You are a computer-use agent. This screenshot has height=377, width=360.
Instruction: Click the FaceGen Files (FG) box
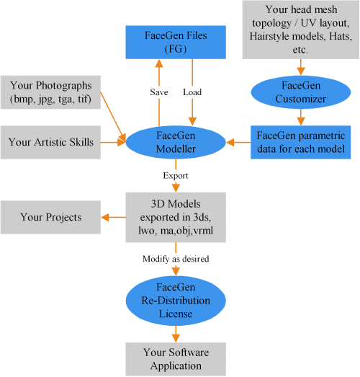tap(176, 43)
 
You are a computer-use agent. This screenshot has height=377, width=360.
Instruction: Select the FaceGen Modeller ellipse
tap(176, 142)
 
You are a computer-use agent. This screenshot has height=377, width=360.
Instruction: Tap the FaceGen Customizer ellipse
tap(301, 92)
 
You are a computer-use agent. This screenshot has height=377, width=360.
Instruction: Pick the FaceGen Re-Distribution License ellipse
tap(176, 301)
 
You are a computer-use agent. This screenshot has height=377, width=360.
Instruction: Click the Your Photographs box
tap(50, 92)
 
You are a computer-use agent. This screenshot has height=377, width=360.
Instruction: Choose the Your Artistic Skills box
tap(50, 142)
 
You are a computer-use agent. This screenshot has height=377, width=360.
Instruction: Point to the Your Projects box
tap(50, 218)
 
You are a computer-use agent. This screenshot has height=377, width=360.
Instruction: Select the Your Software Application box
tap(176, 359)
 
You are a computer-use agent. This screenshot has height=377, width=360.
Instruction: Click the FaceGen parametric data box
tap(301, 142)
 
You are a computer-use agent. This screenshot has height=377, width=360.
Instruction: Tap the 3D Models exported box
tap(176, 218)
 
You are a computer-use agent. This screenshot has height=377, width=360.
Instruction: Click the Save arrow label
tap(159, 92)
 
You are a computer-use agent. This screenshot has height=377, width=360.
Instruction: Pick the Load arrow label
tap(192, 92)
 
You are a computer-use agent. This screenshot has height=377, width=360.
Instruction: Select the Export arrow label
tap(176, 175)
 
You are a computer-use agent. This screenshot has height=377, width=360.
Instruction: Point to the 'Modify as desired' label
tap(176, 259)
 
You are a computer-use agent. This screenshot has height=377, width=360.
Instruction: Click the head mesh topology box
tap(301, 30)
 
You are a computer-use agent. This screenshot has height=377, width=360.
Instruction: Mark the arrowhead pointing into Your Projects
tap(105, 218)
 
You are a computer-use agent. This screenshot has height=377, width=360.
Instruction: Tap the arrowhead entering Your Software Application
tap(176, 338)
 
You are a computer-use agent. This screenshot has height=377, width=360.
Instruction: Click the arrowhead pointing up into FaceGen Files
tap(159, 63)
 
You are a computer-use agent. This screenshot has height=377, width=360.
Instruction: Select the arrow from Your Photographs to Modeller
tap(113, 117)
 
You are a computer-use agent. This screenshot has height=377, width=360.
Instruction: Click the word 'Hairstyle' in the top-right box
tap(268, 37)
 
